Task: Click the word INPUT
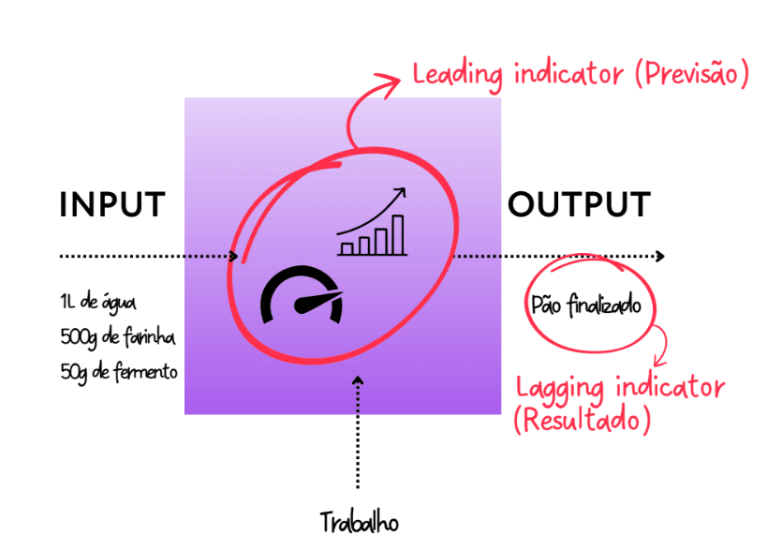tap(112, 205)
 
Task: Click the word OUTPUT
tap(579, 205)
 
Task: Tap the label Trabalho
tap(358, 521)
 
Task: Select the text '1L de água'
tap(97, 303)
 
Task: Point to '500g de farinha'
tap(116, 336)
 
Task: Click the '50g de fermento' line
tap(118, 371)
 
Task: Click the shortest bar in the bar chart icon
tap(347, 248)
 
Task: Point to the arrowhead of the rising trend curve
tap(403, 192)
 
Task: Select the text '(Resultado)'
tap(582, 421)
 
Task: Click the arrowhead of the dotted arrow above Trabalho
tap(357, 380)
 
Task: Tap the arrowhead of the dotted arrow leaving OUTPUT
tap(661, 256)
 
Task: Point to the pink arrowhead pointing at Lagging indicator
tap(659, 363)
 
